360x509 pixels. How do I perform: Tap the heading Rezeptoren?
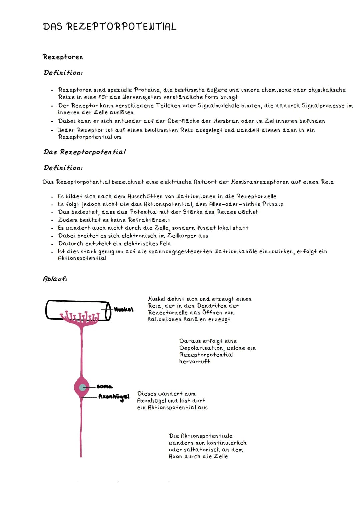(x=63, y=57)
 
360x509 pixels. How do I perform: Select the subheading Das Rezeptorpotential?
(x=85, y=152)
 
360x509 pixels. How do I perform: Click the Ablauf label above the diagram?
(x=55, y=279)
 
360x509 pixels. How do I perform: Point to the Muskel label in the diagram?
(x=124, y=309)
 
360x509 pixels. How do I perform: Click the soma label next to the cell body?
(x=105, y=387)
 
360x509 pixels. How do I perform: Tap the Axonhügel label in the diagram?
(x=114, y=397)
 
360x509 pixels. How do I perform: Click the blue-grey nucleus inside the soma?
(x=82, y=387)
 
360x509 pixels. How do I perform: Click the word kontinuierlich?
(x=227, y=443)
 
